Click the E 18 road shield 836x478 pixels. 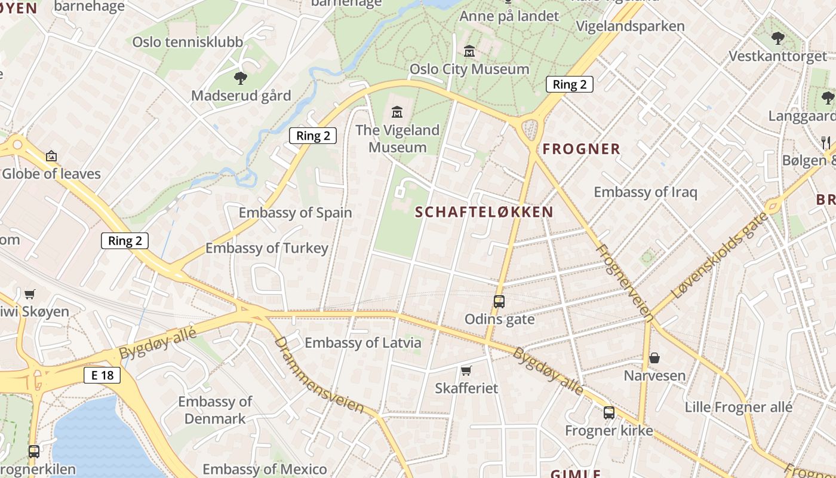coord(102,375)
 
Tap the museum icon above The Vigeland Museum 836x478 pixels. coord(397,112)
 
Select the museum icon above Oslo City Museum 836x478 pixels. coord(469,51)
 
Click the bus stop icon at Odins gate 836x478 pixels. coord(499,302)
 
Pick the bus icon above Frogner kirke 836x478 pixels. coord(609,412)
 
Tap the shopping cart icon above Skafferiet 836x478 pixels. coord(466,370)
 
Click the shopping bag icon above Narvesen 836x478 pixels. coord(654,358)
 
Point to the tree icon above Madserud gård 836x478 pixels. coord(241,78)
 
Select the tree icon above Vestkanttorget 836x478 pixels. coord(777,38)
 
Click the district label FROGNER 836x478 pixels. coord(582,149)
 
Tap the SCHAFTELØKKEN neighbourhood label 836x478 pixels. coord(484,212)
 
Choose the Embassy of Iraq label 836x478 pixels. coord(645,192)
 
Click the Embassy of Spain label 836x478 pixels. coord(296,213)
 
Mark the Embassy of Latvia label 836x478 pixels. coord(363,343)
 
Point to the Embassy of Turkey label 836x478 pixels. coord(267,248)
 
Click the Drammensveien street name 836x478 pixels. coord(319,374)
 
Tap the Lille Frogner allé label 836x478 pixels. coord(739,407)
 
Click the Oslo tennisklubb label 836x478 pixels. coord(188,42)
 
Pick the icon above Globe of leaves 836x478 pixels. coord(51,157)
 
